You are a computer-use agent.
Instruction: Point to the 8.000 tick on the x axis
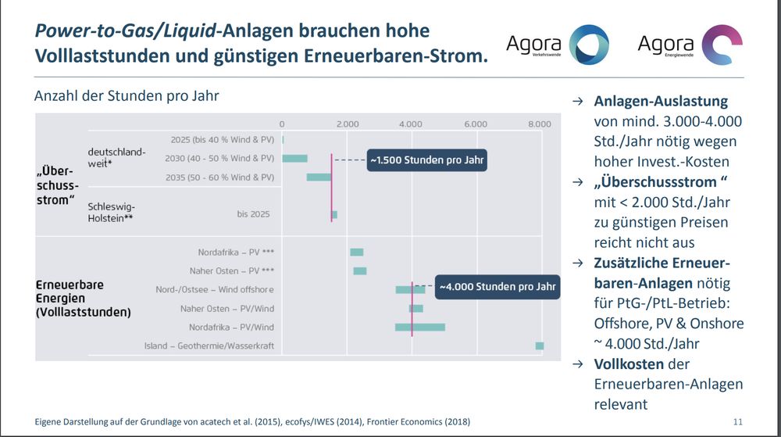(539, 124)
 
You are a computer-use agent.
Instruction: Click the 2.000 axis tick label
(347, 124)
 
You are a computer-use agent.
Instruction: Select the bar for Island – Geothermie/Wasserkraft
(539, 346)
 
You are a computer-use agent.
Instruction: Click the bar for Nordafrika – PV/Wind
(419, 327)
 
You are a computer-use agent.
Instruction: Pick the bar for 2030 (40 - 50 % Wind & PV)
(294, 159)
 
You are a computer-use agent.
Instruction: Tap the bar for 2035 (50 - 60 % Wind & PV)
(319, 177)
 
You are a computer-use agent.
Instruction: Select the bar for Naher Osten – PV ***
(359, 271)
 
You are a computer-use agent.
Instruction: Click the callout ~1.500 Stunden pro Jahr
(427, 160)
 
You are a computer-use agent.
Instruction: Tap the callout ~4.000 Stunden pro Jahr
(497, 287)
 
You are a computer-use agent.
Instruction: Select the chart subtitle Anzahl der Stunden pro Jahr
(127, 97)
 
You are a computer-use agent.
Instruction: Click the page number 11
(738, 421)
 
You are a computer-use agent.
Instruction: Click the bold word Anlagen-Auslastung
(661, 102)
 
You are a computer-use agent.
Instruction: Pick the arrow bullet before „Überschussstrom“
(577, 182)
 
